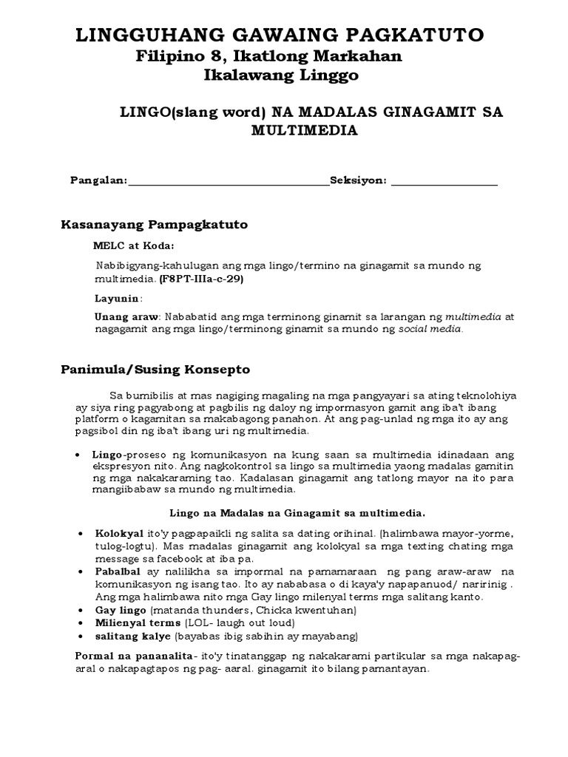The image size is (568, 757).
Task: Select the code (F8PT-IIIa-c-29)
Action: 201,280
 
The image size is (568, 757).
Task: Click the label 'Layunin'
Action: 117,299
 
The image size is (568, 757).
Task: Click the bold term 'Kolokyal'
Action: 119,533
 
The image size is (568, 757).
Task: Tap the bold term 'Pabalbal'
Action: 119,572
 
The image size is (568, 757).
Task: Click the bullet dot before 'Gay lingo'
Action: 79,611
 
